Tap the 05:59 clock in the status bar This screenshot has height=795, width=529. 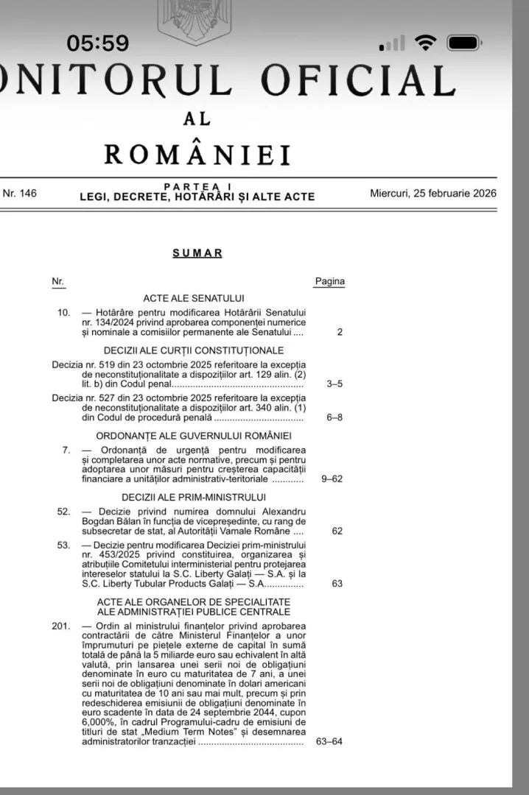(97, 43)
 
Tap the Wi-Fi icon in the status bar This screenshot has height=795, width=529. (425, 43)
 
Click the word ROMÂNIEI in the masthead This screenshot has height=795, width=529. (197, 155)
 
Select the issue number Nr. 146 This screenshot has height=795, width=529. (20, 194)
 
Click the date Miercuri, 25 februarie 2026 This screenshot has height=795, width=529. (433, 194)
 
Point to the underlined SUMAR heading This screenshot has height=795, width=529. (197, 253)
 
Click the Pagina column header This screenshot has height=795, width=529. (329, 281)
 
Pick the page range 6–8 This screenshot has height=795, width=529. (334, 417)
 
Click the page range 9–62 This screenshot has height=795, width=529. (332, 479)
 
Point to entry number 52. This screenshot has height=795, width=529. (63, 511)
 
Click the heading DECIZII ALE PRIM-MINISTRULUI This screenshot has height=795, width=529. (193, 497)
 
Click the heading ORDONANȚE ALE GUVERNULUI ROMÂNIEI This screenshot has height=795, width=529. (193, 435)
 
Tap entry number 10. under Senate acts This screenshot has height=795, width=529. (63, 312)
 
